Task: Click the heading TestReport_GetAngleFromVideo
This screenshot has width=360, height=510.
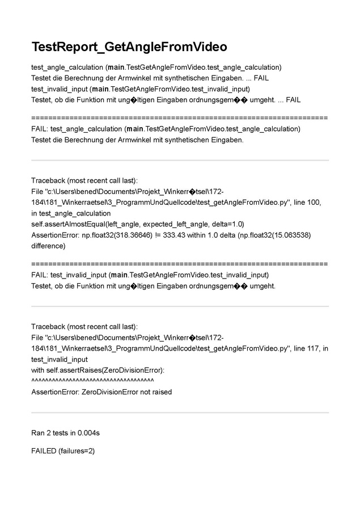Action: [129, 47]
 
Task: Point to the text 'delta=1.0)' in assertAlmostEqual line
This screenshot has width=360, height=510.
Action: [227, 224]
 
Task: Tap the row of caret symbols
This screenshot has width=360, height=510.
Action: [92, 381]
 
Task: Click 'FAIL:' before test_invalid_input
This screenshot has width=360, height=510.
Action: [40, 275]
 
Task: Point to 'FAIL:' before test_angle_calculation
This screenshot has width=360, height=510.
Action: [40, 129]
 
